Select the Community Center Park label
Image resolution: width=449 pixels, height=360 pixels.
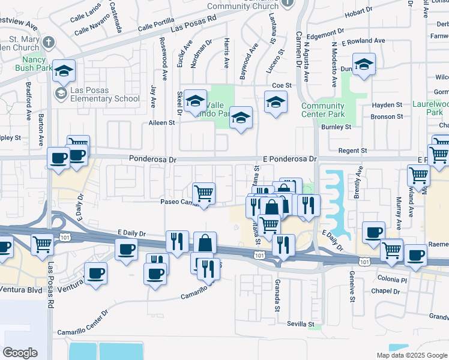(322, 110)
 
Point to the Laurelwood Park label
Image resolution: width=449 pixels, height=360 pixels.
(430, 107)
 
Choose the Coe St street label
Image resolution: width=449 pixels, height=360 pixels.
(281, 86)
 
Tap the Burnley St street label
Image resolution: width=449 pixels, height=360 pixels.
(335, 127)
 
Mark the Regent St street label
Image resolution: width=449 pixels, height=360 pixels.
(352, 150)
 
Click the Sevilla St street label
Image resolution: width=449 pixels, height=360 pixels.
(300, 324)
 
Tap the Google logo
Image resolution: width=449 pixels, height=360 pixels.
(20, 353)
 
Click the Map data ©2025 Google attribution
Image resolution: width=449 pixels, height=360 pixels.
(411, 355)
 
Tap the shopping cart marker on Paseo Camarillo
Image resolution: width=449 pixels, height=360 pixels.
(204, 194)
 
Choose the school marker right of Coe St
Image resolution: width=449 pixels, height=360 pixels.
(363, 65)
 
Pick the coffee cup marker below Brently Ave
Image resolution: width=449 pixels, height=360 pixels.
(373, 232)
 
